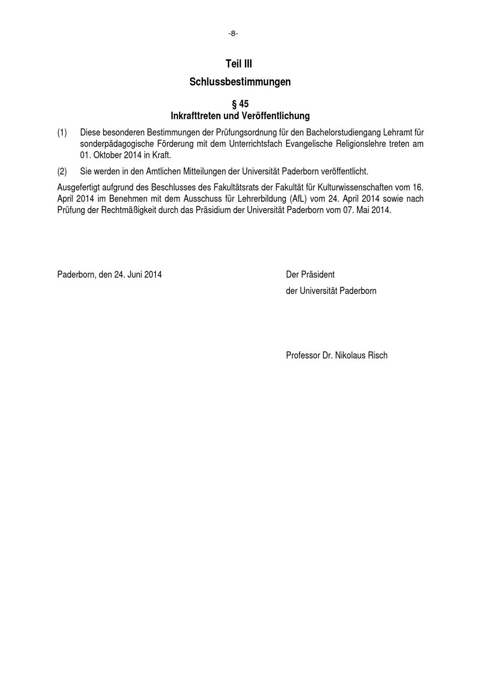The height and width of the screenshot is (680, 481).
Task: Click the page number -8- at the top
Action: coord(233,34)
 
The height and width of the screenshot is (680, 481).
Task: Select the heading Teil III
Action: coord(239,64)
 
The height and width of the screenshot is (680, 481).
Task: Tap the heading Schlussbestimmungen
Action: coord(240,82)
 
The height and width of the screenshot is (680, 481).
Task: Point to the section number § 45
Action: coord(240,104)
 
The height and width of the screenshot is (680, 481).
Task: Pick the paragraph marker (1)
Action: coord(62,132)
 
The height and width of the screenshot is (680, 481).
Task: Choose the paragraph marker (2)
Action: coord(62,171)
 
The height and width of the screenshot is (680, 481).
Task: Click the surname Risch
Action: coord(378,355)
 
